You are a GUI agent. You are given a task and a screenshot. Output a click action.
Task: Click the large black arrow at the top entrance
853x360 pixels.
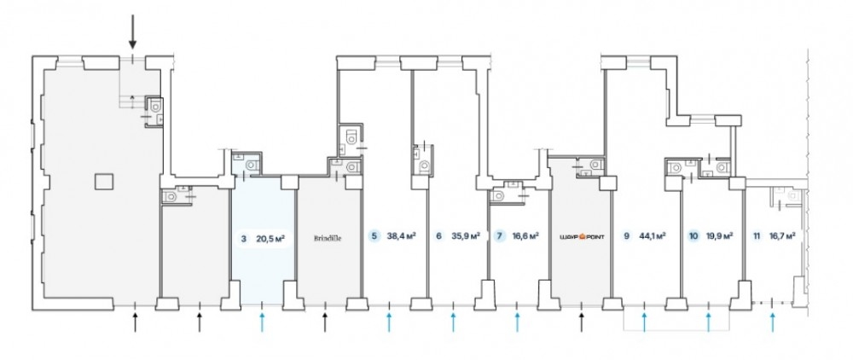point(132,33)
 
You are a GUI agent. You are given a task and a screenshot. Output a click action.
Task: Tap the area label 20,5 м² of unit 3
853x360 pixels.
point(270,239)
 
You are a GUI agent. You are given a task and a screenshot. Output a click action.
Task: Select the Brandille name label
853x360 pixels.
point(328,239)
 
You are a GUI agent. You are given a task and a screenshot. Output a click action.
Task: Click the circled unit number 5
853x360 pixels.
point(373,238)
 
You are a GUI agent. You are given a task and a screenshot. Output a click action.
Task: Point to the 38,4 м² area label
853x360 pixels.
point(399,238)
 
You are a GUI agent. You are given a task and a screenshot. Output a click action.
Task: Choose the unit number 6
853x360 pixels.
point(438,238)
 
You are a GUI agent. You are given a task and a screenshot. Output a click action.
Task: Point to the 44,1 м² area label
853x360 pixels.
point(653,238)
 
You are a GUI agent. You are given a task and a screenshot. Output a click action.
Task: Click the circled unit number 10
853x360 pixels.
point(693,238)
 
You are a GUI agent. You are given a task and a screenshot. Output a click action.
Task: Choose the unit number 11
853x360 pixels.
point(757,238)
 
